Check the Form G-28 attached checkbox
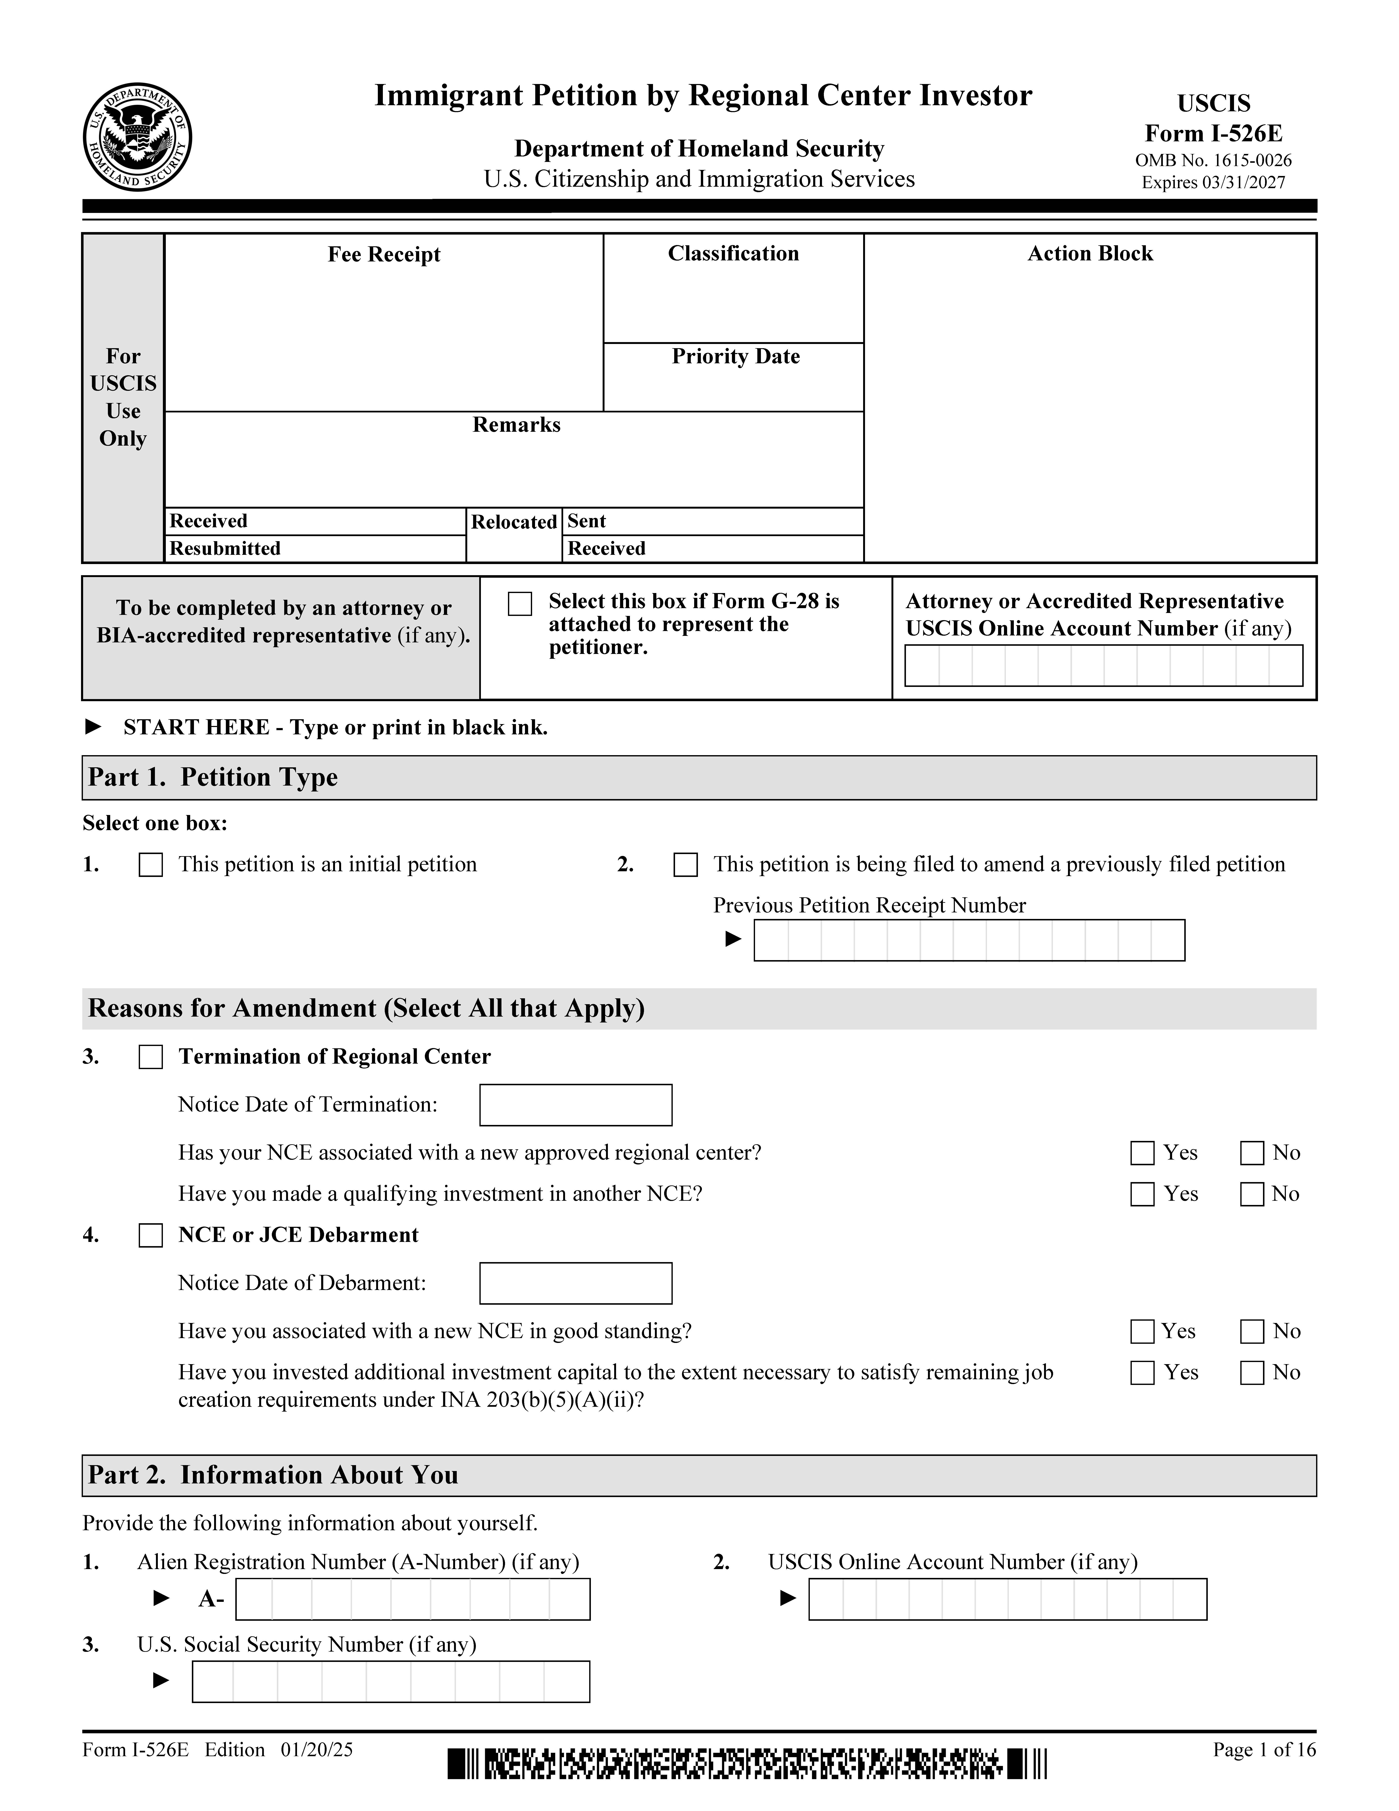520,604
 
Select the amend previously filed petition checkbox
685,865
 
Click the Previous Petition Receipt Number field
969,940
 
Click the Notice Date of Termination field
575,1105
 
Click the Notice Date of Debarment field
575,1284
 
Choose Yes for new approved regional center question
1142,1154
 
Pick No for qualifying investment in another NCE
1251,1195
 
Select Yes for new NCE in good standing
1142,1332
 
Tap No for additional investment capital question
1251,1373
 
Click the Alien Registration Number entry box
413,1600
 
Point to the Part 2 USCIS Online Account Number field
1007,1600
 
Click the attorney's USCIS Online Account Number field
1103,666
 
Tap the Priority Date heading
735,357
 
